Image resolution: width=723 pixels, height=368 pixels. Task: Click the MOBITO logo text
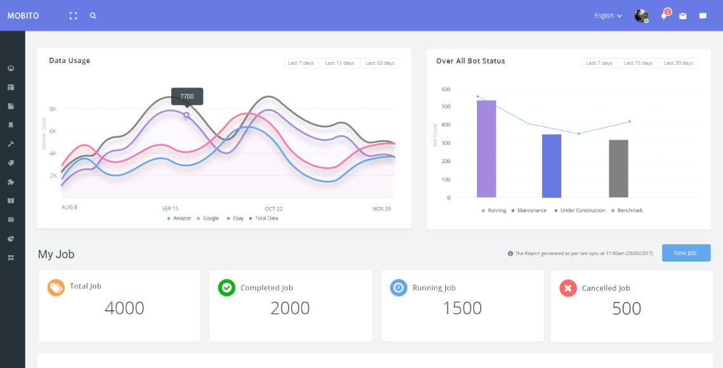point(23,16)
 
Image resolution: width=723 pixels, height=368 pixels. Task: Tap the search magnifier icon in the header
point(93,16)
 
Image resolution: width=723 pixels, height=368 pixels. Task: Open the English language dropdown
point(608,16)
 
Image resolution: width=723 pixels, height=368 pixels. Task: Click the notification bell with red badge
point(664,15)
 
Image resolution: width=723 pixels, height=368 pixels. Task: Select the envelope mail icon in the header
point(683,16)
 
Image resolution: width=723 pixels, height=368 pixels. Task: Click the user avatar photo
point(641,16)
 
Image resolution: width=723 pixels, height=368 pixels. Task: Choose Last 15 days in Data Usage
point(339,63)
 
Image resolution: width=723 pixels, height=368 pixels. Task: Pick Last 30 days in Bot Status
point(678,63)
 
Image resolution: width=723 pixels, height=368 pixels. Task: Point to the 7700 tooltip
point(186,96)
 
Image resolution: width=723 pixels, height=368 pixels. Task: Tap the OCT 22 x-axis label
point(273,209)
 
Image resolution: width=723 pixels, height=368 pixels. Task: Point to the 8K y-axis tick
point(53,109)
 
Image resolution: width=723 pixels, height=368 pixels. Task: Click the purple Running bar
point(486,149)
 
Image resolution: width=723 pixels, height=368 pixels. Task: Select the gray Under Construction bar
point(618,169)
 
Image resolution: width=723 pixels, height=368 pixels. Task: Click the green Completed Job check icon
point(226,287)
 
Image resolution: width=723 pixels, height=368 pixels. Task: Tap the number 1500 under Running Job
point(462,308)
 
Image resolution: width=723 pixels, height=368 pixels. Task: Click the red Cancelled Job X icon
point(568,288)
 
